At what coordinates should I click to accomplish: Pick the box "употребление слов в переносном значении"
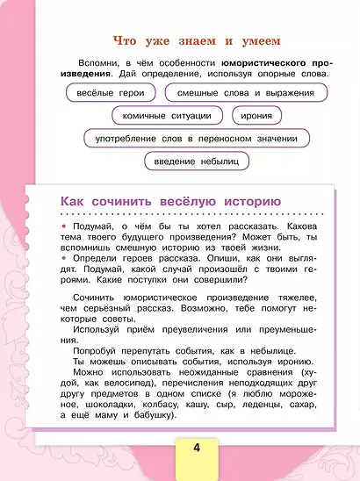tap(197, 138)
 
